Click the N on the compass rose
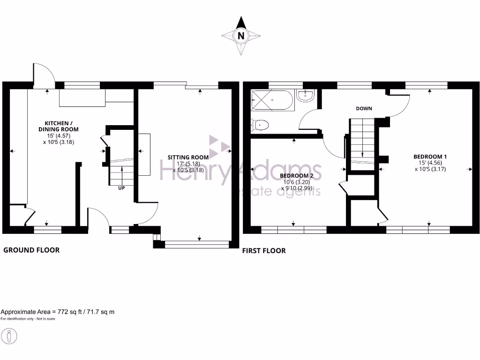coord(241,36)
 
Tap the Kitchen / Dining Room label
coord(58,126)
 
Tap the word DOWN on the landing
coord(364,108)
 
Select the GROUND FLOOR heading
coord(31,250)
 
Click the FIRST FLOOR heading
coord(264,251)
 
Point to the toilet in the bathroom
coord(261,125)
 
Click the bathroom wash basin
coord(306,96)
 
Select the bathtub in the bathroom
coord(272,99)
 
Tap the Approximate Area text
coord(58,312)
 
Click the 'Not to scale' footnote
coord(28,319)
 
